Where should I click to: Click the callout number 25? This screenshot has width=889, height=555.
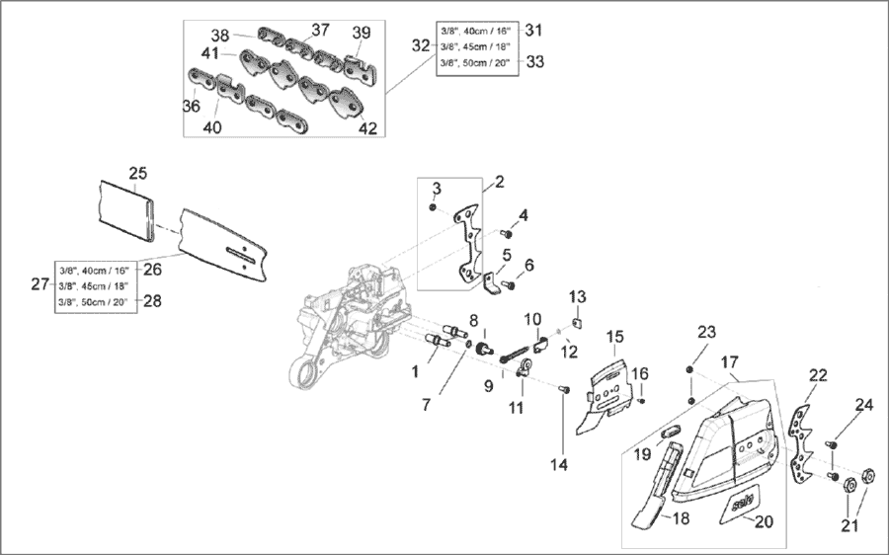(138, 174)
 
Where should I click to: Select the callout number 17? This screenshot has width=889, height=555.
(730, 361)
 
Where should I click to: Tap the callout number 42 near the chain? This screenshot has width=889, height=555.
(367, 127)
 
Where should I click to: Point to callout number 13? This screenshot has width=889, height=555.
(578, 296)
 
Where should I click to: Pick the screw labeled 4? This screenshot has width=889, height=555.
(506, 233)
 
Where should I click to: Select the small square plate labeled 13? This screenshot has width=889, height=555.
(578, 319)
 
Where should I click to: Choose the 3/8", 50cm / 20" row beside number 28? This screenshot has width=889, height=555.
(97, 301)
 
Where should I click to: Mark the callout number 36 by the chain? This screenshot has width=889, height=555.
(191, 106)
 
